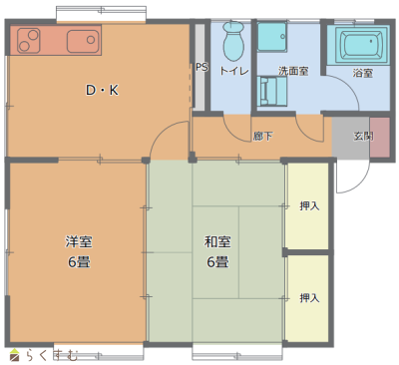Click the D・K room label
[102, 90]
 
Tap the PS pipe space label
[201, 67]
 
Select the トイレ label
[233, 71]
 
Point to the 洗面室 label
[293, 71]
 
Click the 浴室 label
[362, 73]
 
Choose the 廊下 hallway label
[262, 136]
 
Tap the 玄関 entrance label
[363, 136]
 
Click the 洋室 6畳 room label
[79, 251]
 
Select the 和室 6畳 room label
[217, 251]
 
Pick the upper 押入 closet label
[309, 206]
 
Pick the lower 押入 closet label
[309, 298]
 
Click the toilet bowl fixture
[233, 42]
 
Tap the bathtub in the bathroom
[363, 44]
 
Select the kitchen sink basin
[83, 41]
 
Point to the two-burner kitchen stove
[29, 41]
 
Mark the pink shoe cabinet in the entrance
[380, 137]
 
